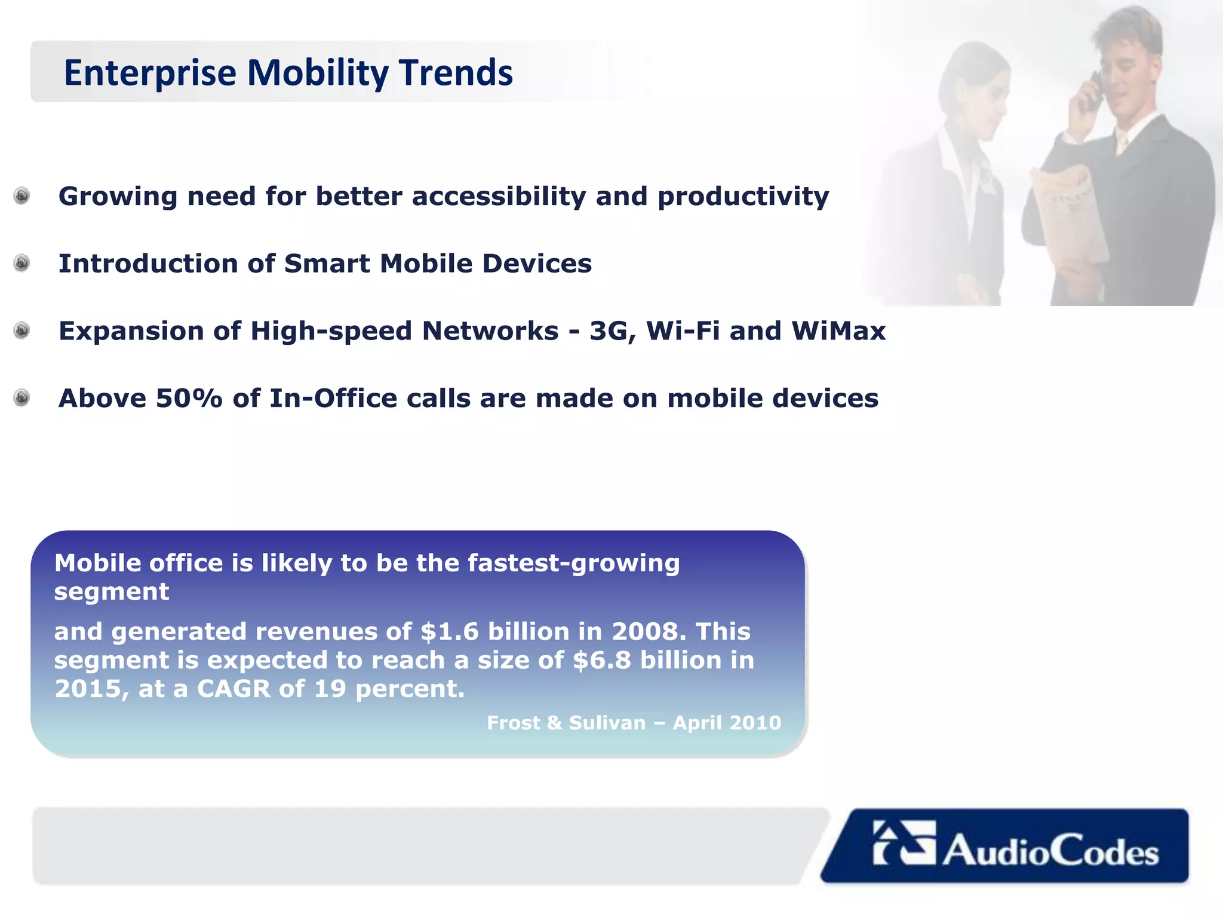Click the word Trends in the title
pos(456,73)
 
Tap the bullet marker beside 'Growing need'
pos(22,196)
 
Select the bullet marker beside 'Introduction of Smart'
pos(22,263)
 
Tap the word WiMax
pos(838,331)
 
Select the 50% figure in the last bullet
pos(189,399)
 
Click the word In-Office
pos(333,399)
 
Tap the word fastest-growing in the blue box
pos(573,563)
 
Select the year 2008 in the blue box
pos(645,632)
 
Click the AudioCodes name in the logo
pos(1050,851)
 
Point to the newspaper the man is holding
pos(1069,221)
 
